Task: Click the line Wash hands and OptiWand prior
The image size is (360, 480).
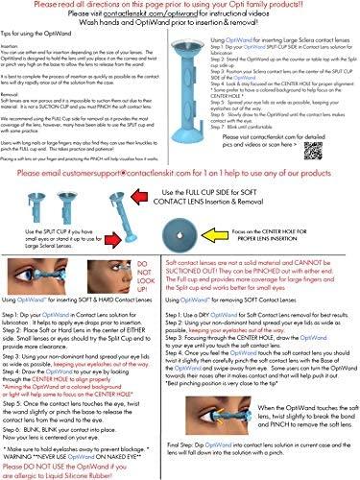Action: (x=180, y=26)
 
